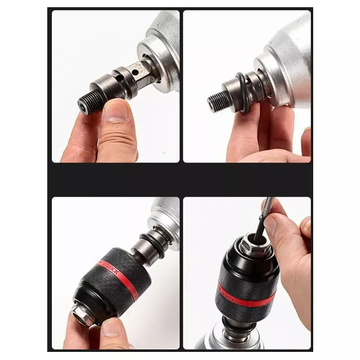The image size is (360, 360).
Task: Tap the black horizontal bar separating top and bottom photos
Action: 180,180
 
